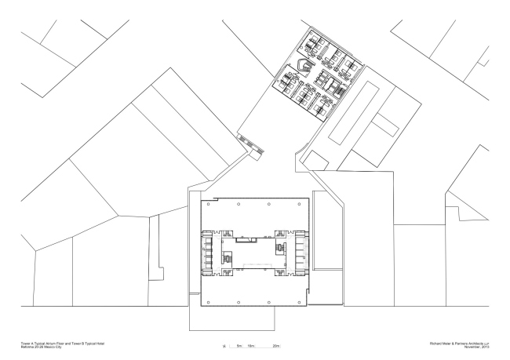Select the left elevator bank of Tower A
tap(209, 252)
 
